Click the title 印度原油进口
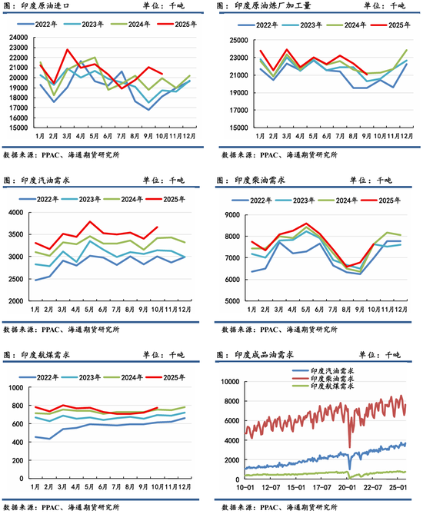[x=45, y=5]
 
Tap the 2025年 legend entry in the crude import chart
[x=177, y=24]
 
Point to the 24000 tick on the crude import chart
[x=18, y=38]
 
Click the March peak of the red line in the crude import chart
[x=67, y=49]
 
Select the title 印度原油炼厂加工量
[x=273, y=5]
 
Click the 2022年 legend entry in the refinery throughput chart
[x=258, y=25]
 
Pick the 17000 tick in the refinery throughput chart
[x=238, y=111]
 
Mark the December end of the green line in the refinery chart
[x=407, y=50]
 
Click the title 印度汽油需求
[x=45, y=180]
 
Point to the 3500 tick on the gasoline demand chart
[x=16, y=234]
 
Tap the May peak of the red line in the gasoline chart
[x=89, y=221]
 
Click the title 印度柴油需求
[x=260, y=180]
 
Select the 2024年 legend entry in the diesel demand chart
[x=338, y=200]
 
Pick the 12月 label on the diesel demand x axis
[x=401, y=310]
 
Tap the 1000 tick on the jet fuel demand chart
[x=16, y=388]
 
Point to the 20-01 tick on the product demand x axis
[x=347, y=487]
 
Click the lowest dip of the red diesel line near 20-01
[x=349, y=447]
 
